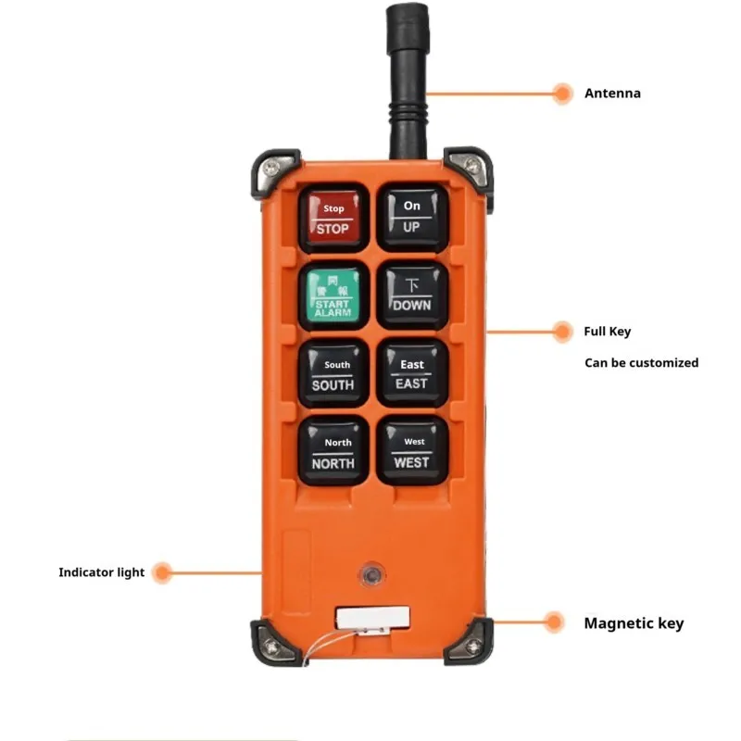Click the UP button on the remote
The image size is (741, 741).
pyautogui.click(x=412, y=218)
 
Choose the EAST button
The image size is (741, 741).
pyautogui.click(x=412, y=374)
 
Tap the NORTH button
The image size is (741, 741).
pyautogui.click(x=333, y=452)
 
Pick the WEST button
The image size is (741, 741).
pyautogui.click(x=412, y=452)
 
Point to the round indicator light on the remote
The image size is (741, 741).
pyautogui.click(x=371, y=574)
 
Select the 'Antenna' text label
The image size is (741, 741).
pyautogui.click(x=612, y=94)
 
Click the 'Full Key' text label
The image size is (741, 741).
pyautogui.click(x=608, y=332)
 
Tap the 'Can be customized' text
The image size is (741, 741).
pyautogui.click(x=641, y=363)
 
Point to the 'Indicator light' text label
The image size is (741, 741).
pyautogui.click(x=102, y=572)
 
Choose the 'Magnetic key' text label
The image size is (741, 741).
pyautogui.click(x=634, y=623)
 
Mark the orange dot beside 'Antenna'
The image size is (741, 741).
pyautogui.click(x=561, y=93)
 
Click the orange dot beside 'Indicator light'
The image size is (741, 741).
pyautogui.click(x=163, y=572)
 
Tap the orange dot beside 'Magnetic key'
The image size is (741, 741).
pyautogui.click(x=554, y=622)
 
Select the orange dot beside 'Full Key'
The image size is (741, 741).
pyautogui.click(x=561, y=332)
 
